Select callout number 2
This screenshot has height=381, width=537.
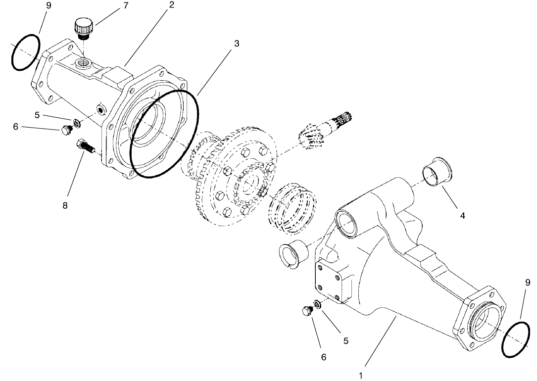(171, 5)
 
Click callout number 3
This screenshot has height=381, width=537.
(237, 44)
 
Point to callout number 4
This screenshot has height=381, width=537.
(462, 216)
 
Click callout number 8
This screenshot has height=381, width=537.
(65, 205)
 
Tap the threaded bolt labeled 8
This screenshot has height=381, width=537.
(85, 147)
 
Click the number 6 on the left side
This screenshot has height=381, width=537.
(15, 127)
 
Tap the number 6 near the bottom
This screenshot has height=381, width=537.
(324, 356)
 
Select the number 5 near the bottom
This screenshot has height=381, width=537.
(346, 340)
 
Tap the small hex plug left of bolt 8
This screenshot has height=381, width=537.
(65, 130)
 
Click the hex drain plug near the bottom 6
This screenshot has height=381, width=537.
(306, 311)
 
